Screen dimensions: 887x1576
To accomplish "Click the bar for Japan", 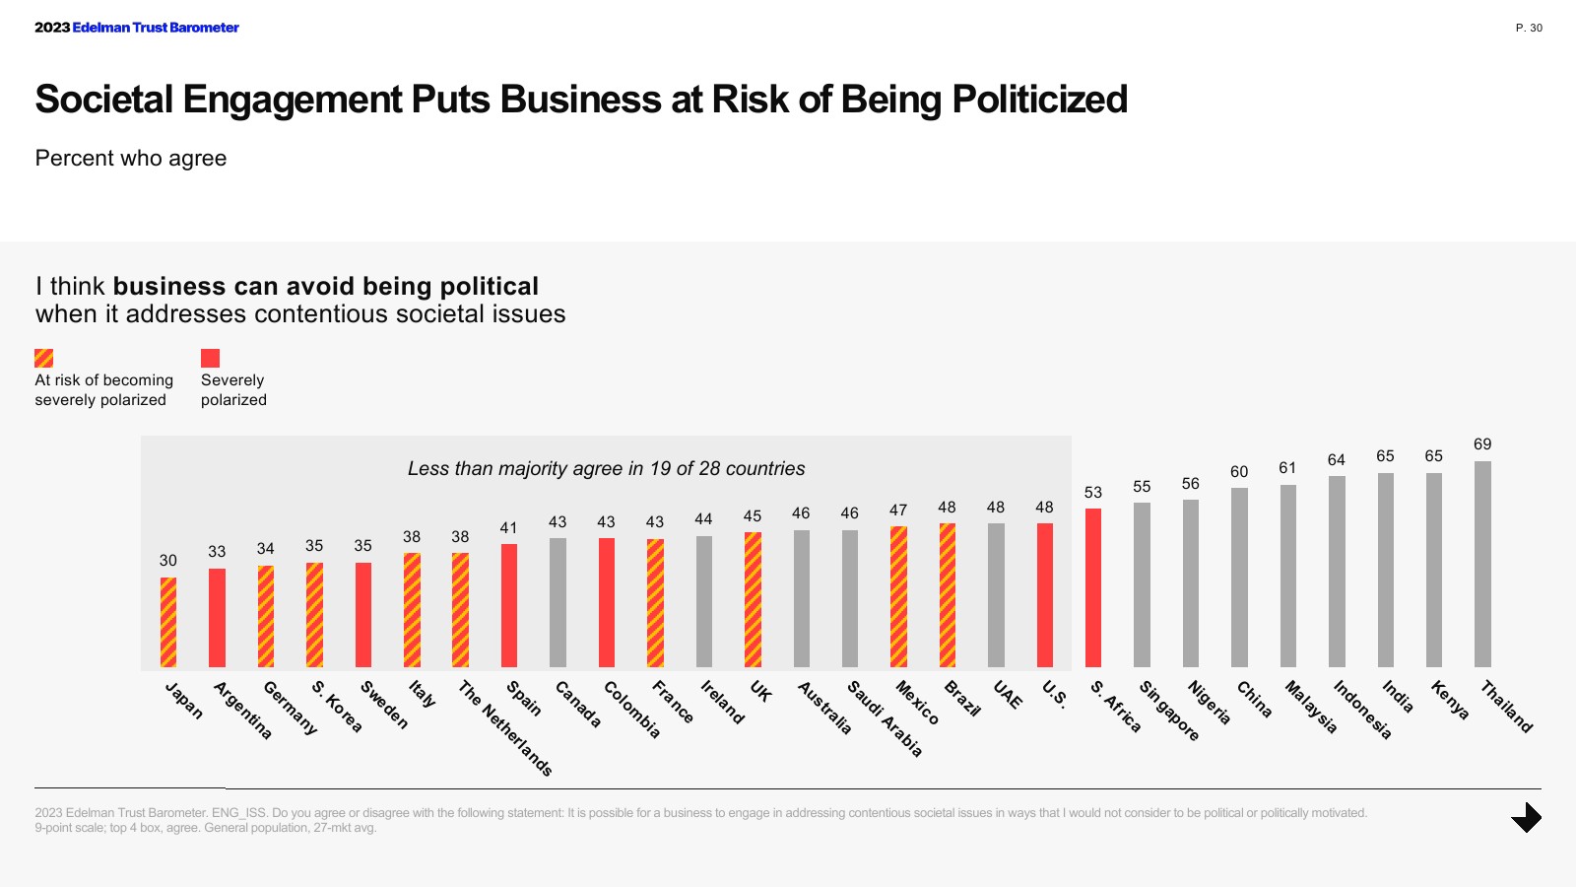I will click(x=168, y=622).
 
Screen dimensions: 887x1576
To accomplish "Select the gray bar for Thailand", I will click(x=1482, y=564).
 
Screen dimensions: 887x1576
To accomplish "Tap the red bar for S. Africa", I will click(x=1093, y=587).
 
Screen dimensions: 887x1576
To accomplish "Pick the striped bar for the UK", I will click(x=753, y=599).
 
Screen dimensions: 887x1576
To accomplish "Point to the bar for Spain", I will click(x=509, y=605).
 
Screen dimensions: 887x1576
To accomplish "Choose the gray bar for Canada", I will click(x=558, y=602).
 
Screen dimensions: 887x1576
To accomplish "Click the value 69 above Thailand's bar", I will click(x=1482, y=444).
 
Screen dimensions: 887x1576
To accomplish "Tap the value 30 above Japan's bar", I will click(x=168, y=561).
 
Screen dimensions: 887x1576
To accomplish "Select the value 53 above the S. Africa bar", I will click(x=1093, y=493).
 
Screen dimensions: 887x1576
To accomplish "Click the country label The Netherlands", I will click(x=505, y=728).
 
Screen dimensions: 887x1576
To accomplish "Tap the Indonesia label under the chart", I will click(x=1362, y=710).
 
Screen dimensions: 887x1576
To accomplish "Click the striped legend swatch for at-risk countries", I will click(x=44, y=358).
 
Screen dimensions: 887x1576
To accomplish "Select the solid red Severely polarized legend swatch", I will click(x=210, y=358).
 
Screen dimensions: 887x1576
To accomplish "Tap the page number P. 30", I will click(x=1529, y=28).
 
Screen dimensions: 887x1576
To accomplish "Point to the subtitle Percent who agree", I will click(x=131, y=159).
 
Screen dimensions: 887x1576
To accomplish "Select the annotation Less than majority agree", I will click(x=606, y=469).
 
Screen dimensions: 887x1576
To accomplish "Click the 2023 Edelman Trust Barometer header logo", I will click(x=137, y=28).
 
